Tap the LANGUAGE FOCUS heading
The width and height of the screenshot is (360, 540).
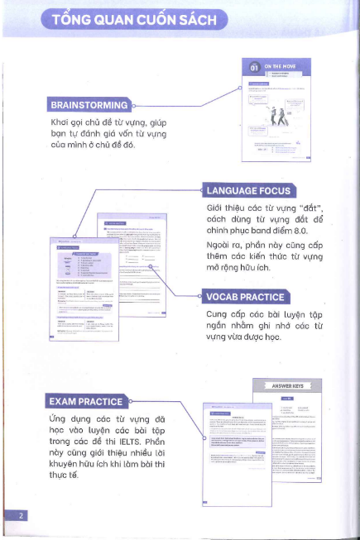[248, 189]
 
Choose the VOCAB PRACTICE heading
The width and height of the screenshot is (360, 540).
[245, 297]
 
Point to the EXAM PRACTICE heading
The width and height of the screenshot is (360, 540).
[86, 402]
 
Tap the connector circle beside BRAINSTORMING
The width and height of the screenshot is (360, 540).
[133, 106]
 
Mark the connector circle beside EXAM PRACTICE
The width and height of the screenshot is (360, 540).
[130, 402]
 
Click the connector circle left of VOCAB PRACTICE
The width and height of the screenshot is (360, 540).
[201, 297]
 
